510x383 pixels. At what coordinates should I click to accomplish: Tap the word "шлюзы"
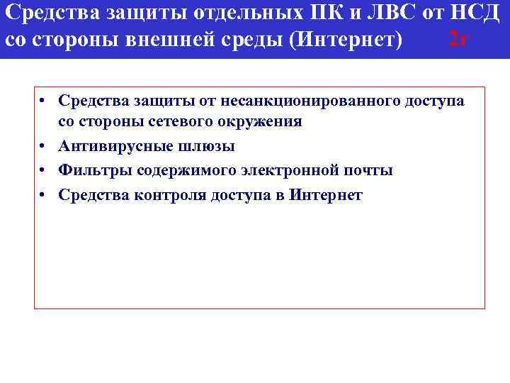coord(208,146)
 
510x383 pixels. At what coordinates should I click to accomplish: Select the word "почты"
coord(370,170)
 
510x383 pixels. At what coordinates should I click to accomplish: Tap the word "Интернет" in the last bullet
coord(327,195)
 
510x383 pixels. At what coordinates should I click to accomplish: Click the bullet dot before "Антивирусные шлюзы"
coord(45,146)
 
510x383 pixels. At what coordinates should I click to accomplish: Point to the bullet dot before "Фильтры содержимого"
coord(45,170)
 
